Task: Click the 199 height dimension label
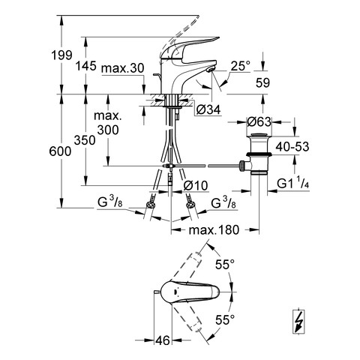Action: click(61, 55)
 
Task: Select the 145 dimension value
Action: click(85, 66)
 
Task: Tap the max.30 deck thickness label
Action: click(123, 68)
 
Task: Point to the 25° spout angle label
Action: click(240, 66)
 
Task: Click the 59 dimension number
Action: click(262, 83)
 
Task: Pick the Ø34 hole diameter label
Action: click(208, 109)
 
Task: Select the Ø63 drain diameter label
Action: click(259, 121)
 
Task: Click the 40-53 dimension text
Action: click(292, 147)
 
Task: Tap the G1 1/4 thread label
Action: click(293, 184)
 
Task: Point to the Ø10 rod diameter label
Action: click(196, 185)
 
